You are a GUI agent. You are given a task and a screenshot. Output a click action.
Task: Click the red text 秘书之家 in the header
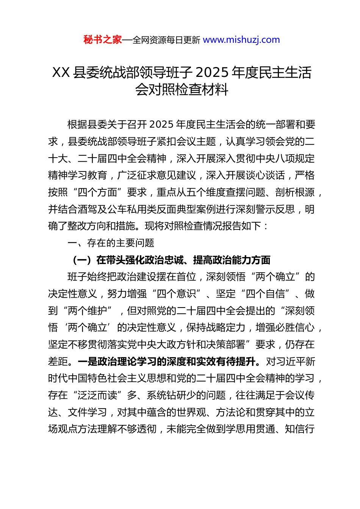pos(102,40)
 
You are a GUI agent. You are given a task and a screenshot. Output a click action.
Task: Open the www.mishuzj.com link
pos(241,40)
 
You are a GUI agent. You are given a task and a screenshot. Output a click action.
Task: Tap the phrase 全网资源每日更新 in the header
pos(166,40)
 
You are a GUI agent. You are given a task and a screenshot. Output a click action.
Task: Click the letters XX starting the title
pos(61,72)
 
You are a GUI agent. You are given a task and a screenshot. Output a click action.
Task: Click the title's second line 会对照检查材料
pos(182,90)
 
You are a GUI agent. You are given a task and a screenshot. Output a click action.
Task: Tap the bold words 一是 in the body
pos(88,361)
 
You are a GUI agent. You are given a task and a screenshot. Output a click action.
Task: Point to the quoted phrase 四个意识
pos(176,294)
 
